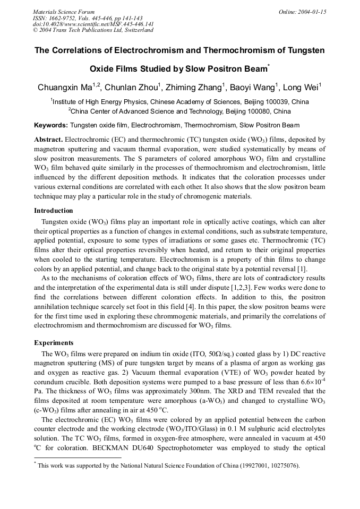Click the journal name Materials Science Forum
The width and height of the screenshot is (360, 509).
[x=64, y=12]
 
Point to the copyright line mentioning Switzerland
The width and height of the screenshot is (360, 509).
[x=93, y=30]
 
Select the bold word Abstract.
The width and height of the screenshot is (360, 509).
[x=48, y=139]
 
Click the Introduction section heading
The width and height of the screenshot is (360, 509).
[x=54, y=211]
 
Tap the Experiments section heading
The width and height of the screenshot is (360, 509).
[x=54, y=342]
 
